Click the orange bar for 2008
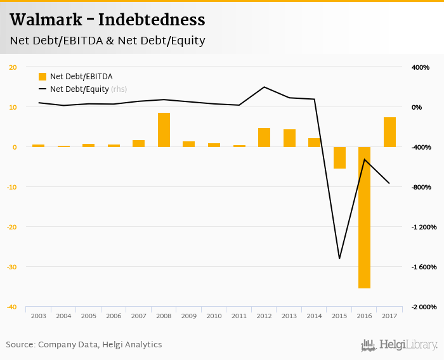click(x=164, y=130)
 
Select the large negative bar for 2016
click(x=364, y=217)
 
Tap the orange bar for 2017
click(x=389, y=132)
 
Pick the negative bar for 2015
click(x=339, y=158)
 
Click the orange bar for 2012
click(x=264, y=138)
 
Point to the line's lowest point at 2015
click(x=339, y=259)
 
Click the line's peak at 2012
click(x=264, y=87)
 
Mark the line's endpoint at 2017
click(x=389, y=184)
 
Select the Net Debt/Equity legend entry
click(x=79, y=89)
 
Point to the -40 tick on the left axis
click(x=12, y=307)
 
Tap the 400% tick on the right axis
click(x=421, y=67)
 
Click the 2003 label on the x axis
click(x=38, y=315)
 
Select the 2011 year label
click(x=238, y=315)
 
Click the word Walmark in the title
click(x=43, y=20)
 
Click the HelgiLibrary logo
click(x=399, y=345)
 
